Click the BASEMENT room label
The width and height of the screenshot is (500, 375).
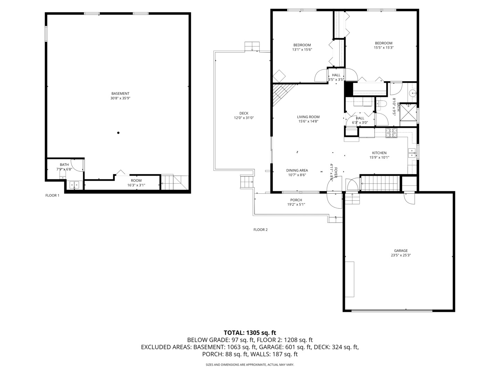[120, 93]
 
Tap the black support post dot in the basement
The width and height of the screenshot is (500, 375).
[118, 133]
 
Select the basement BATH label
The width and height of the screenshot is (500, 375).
[64, 164]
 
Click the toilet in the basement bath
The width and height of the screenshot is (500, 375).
[62, 174]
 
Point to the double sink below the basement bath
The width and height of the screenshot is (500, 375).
[74, 185]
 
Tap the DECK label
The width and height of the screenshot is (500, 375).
[244, 113]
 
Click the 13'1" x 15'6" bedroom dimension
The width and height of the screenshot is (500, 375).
[302, 49]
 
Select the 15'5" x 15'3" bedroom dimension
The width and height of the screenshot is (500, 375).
[384, 48]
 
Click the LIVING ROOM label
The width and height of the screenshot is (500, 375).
[308, 117]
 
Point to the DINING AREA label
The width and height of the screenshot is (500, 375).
[297, 170]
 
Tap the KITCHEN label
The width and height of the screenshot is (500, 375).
[379, 153]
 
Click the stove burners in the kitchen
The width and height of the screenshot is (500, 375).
[391, 133]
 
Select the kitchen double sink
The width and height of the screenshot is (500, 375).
[411, 153]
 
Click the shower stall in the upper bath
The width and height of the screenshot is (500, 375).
[408, 112]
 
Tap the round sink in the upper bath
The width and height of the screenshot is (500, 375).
[412, 93]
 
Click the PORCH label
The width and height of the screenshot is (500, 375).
[296, 200]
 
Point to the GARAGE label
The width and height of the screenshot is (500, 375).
[401, 251]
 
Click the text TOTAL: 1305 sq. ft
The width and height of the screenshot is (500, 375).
[250, 333]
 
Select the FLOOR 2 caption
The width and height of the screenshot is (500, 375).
[260, 230]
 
